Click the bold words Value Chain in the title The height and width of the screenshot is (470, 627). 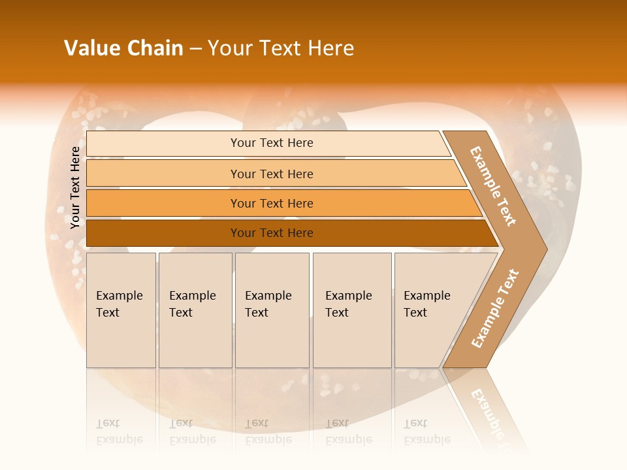tap(123, 48)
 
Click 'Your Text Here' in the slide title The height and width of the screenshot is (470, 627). tap(281, 48)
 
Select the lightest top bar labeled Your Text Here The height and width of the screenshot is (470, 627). tap(271, 143)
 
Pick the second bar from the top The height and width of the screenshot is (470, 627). tap(271, 174)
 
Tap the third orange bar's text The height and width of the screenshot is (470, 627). tap(272, 204)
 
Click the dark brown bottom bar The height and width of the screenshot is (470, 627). tap(272, 233)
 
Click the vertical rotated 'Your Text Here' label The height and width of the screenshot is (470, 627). tap(75, 187)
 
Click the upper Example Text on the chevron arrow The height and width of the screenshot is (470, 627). tap(493, 186)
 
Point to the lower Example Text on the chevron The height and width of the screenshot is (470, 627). tap(494, 309)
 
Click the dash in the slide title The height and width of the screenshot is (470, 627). tap(195, 48)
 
